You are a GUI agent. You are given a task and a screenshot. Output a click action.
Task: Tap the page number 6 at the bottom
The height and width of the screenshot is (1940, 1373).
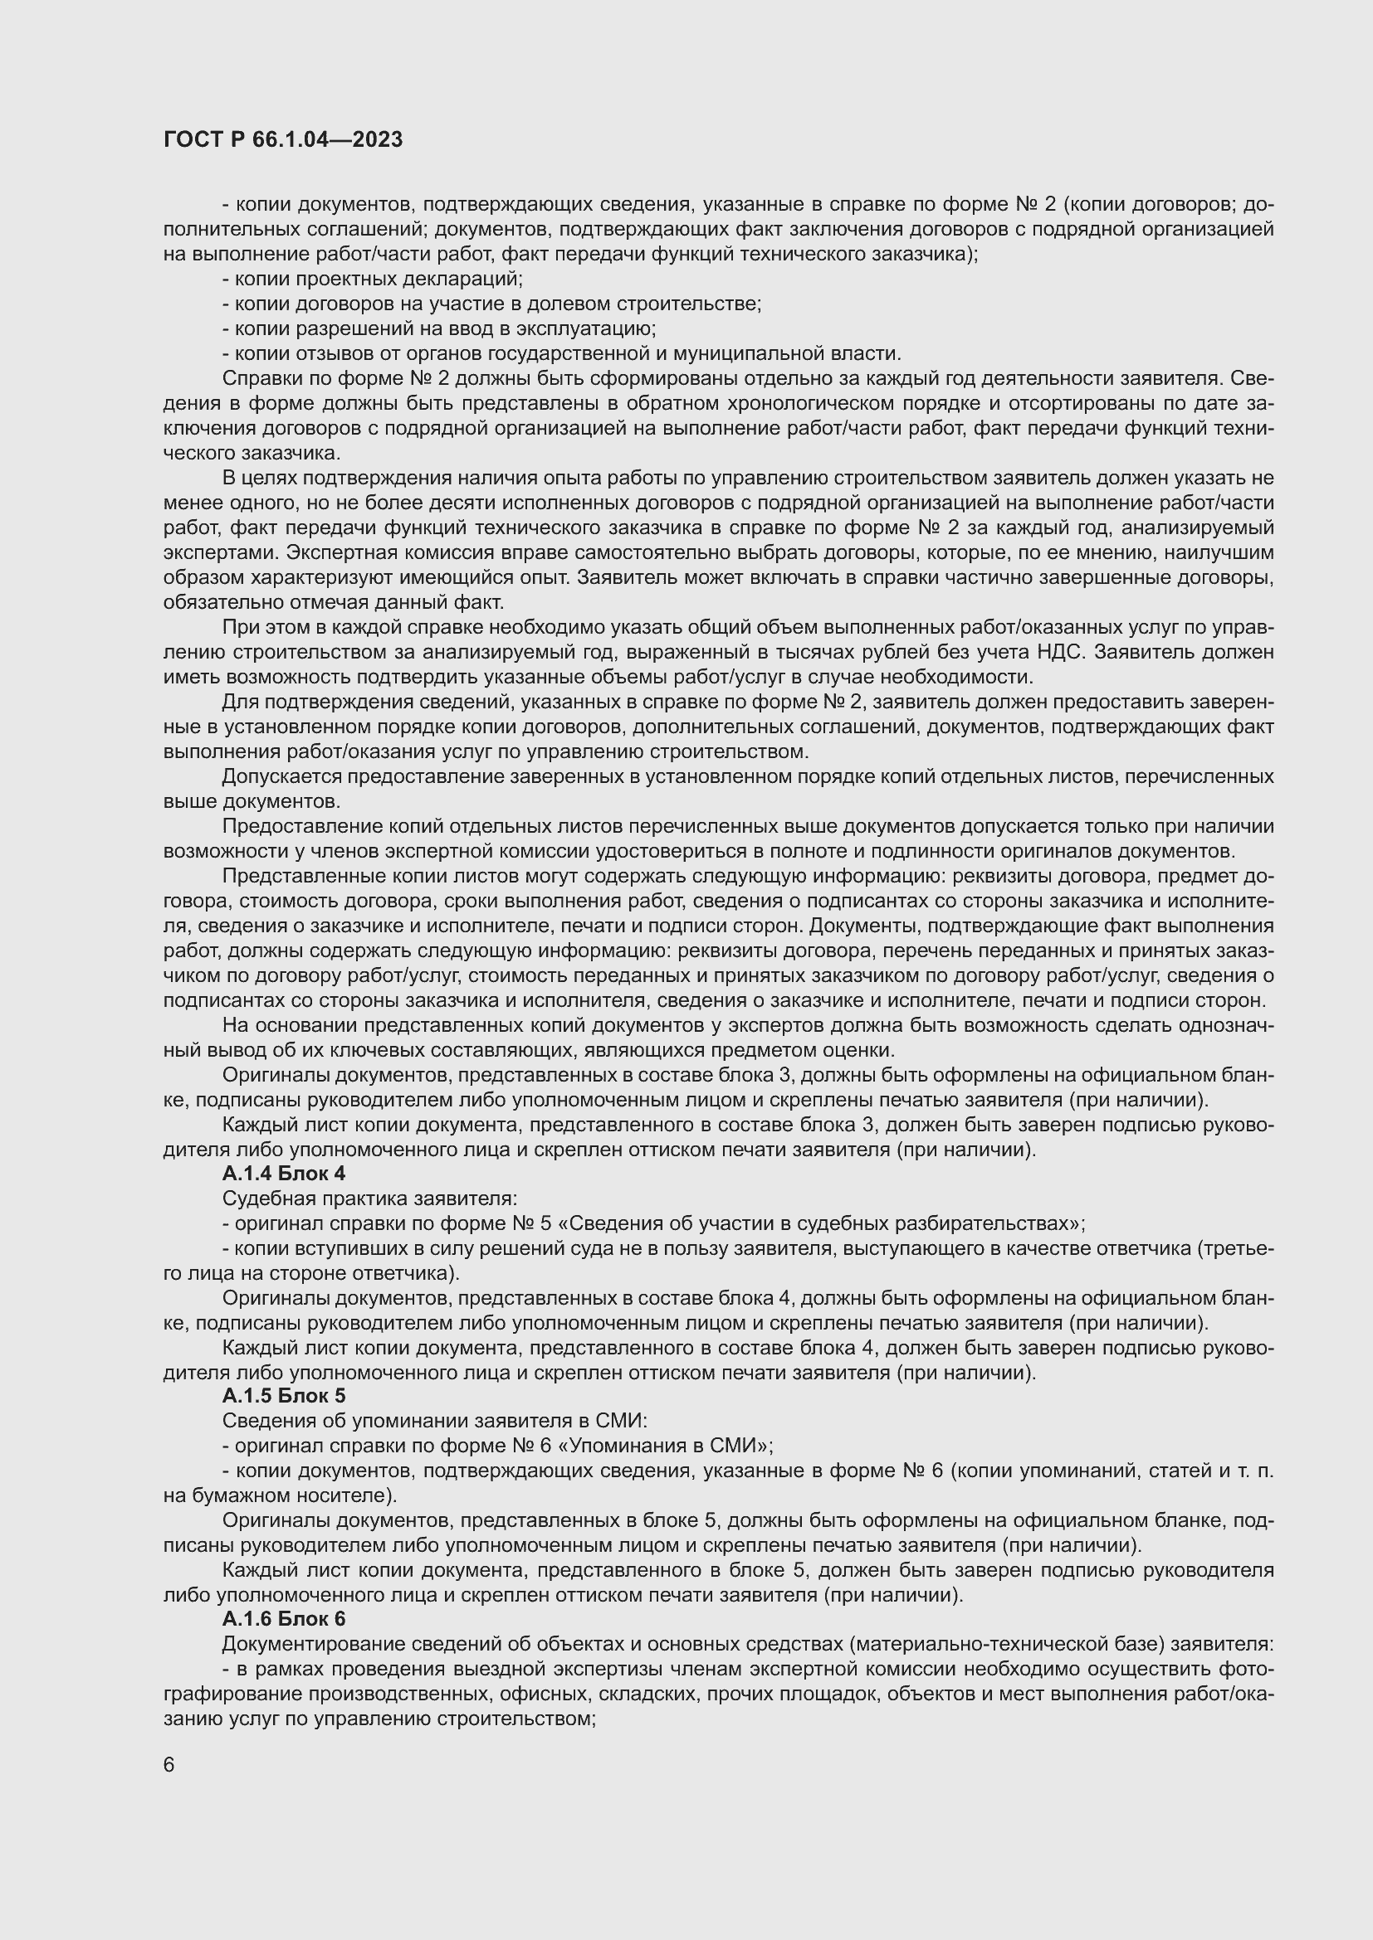point(169,1765)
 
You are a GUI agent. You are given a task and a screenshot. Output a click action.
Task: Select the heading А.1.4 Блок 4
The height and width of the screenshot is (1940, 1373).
point(283,1174)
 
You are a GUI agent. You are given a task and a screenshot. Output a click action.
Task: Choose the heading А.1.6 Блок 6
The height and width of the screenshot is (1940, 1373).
point(283,1619)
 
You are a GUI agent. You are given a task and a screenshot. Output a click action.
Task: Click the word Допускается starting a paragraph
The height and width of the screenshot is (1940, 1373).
point(282,776)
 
